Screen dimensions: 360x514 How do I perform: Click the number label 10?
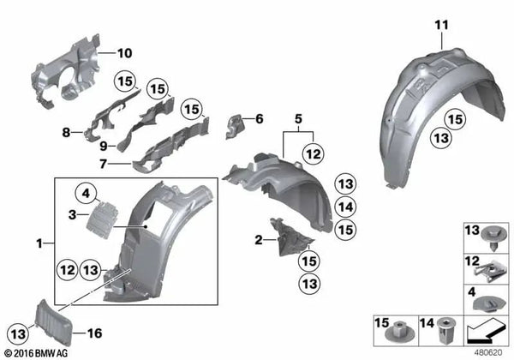(x=124, y=53)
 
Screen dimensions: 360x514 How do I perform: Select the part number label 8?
(x=65, y=134)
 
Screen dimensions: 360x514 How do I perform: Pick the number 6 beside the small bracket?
(x=260, y=119)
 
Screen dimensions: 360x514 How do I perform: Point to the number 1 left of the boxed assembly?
(x=39, y=244)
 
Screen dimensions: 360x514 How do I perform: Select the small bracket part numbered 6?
(x=234, y=127)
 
